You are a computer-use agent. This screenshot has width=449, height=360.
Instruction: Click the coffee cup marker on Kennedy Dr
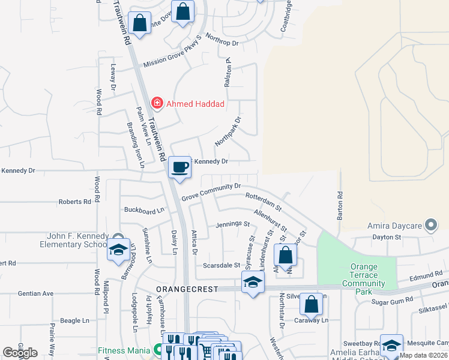179,167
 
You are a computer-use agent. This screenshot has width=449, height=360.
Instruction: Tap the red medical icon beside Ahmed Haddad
157,103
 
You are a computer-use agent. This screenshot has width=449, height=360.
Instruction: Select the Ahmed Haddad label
195,104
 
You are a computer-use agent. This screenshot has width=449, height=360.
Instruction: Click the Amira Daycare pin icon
430,226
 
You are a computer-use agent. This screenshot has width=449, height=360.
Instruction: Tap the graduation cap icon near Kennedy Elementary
118,250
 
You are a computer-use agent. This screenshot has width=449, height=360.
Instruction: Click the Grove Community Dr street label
211,191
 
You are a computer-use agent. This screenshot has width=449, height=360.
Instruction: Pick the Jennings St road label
233,224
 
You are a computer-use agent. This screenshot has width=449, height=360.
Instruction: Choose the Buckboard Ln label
144,211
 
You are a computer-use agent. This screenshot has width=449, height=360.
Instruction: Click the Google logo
20,353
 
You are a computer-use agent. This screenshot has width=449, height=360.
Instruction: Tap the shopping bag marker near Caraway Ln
312,305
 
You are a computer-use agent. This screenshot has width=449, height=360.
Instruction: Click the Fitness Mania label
124,349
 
